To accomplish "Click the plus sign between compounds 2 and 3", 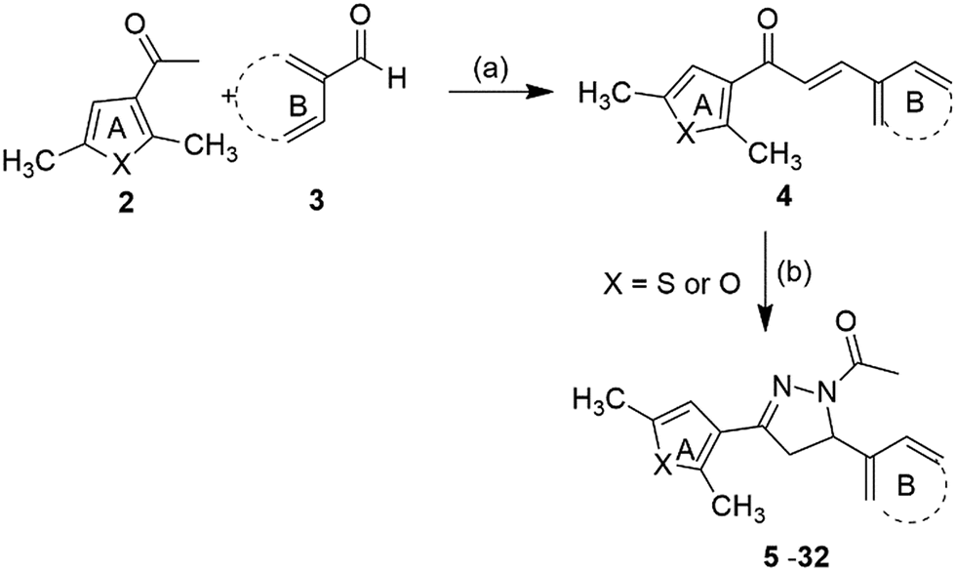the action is pyautogui.click(x=231, y=97).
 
